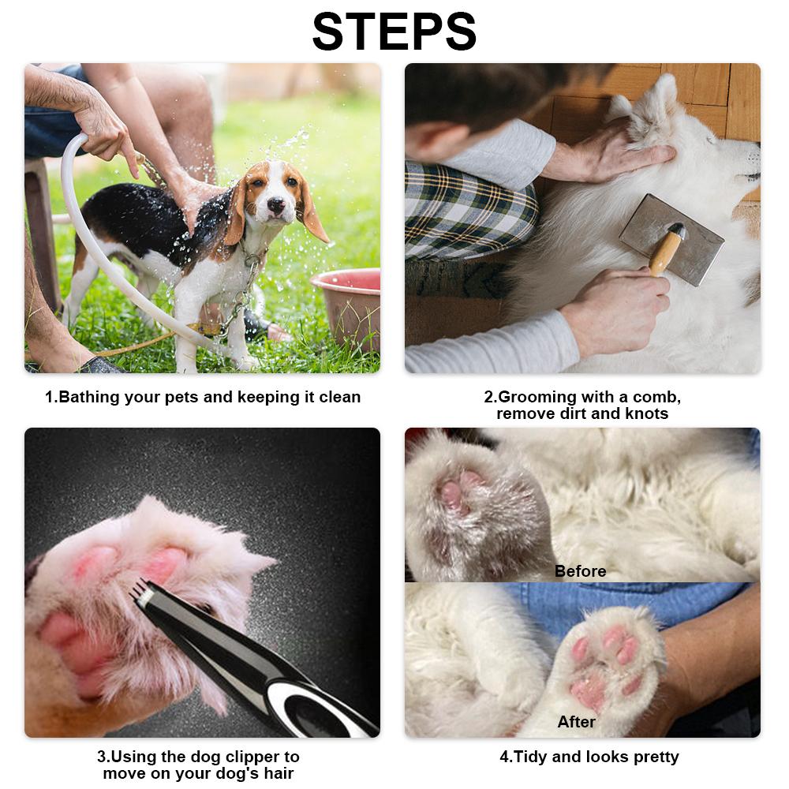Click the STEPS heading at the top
tap(394, 32)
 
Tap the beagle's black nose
tap(275, 204)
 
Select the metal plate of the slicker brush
tap(671, 240)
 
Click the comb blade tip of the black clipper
tap(140, 589)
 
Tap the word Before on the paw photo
tap(580, 571)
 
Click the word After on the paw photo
tap(576, 722)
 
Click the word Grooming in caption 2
tap(537, 397)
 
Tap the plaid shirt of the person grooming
tap(469, 211)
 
